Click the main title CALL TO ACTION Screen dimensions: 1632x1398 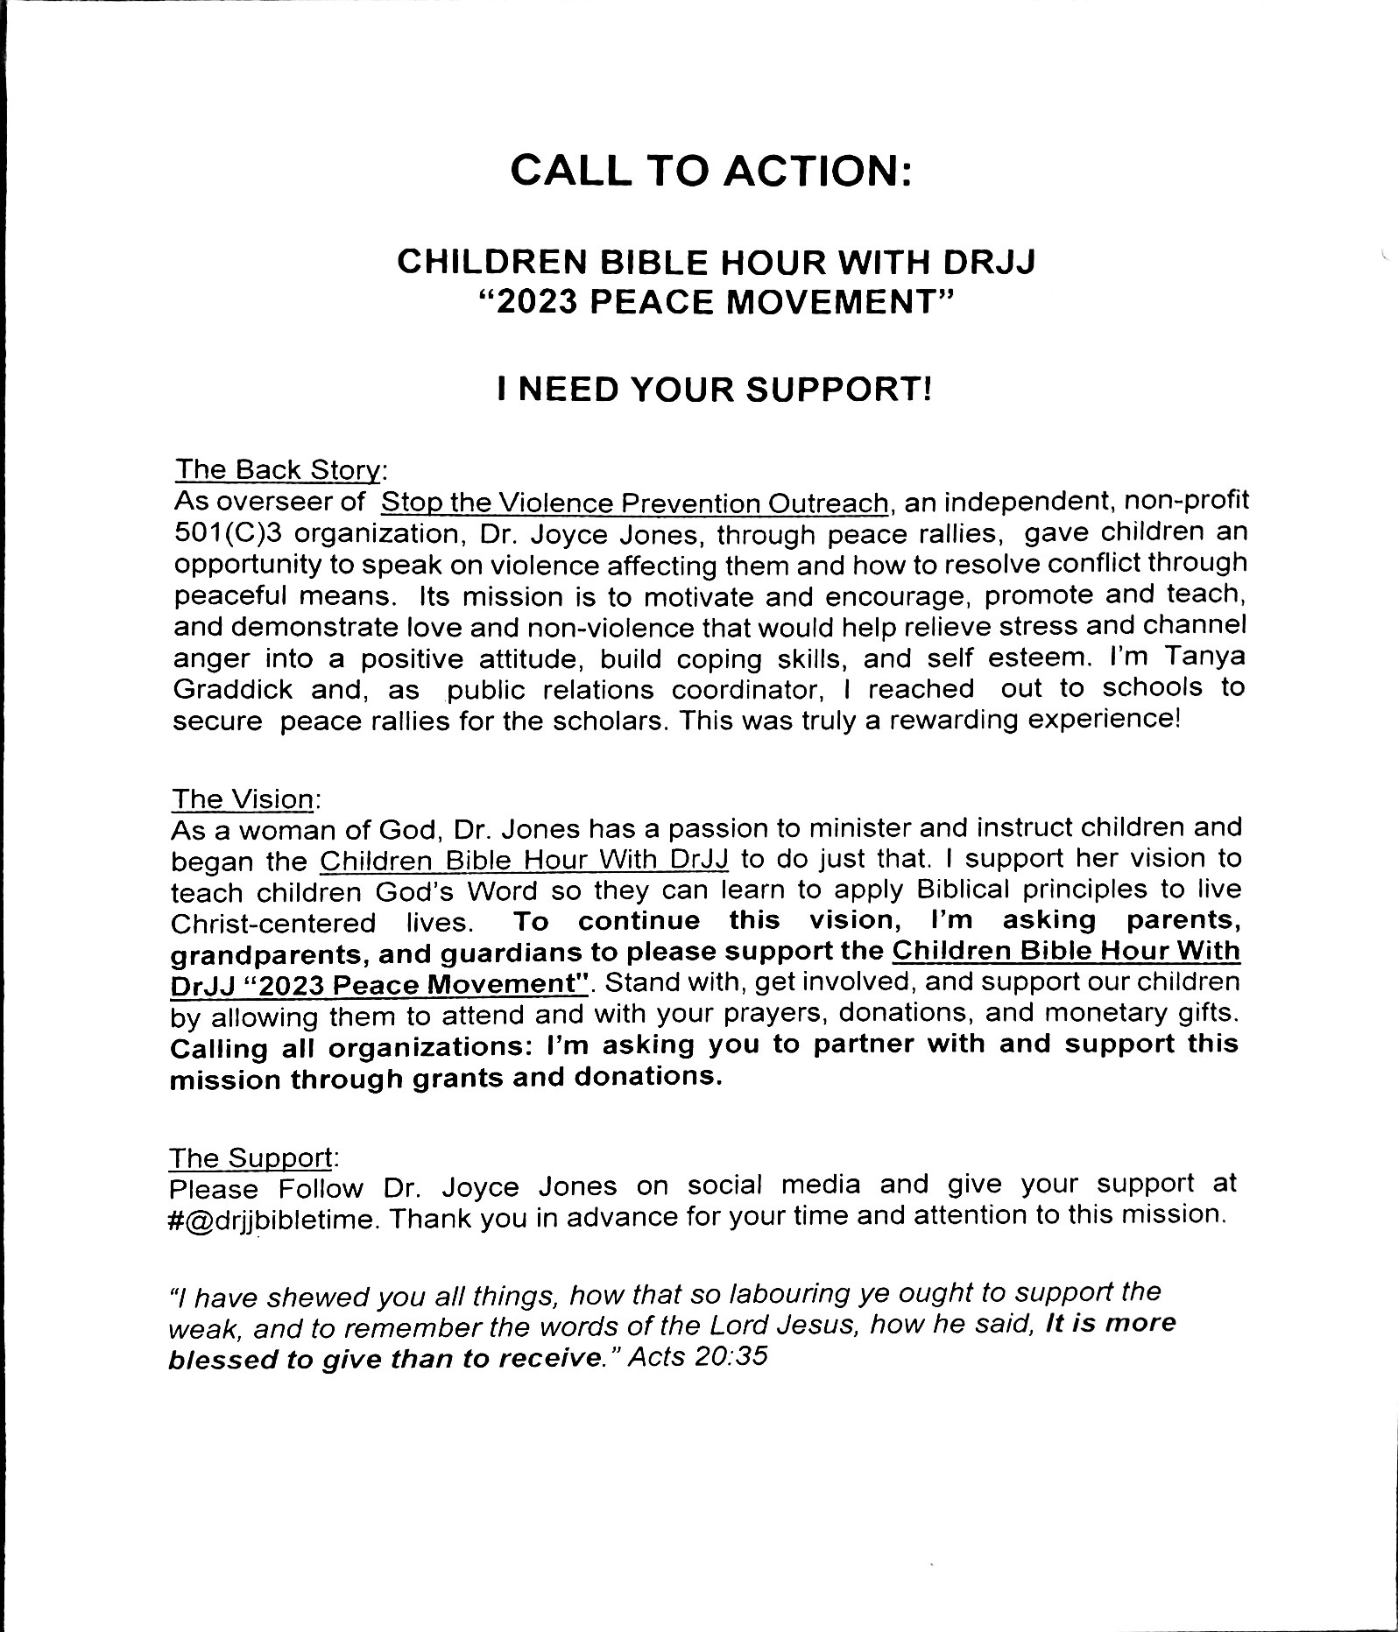710,170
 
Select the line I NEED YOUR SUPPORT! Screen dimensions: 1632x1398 713,389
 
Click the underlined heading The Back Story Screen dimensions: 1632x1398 279,470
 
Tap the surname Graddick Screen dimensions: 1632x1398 232,690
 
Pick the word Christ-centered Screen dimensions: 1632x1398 272,924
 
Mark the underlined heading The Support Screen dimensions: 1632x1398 251,1158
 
